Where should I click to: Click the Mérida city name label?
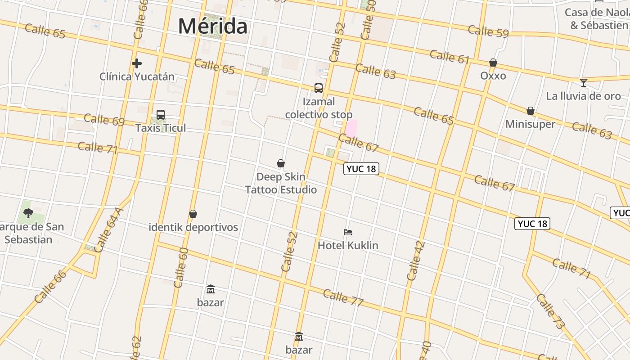(212, 26)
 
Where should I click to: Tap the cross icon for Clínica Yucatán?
(137, 63)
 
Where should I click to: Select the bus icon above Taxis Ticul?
(161, 115)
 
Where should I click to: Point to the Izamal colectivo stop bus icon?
(319, 88)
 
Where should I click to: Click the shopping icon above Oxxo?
(493, 63)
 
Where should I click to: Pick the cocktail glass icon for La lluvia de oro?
(584, 82)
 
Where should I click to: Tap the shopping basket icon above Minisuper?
(531, 111)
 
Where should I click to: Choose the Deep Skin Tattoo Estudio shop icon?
(281, 163)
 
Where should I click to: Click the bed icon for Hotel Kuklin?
(348, 232)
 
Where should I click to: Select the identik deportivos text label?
(193, 227)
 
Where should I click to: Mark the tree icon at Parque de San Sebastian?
(28, 213)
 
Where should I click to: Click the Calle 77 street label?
(343, 297)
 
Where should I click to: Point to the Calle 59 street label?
(488, 31)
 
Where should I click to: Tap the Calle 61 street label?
(450, 57)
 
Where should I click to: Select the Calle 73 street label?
(549, 311)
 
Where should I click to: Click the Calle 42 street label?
(415, 261)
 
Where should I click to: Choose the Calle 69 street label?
(104, 120)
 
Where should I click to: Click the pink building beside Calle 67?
(351, 128)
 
